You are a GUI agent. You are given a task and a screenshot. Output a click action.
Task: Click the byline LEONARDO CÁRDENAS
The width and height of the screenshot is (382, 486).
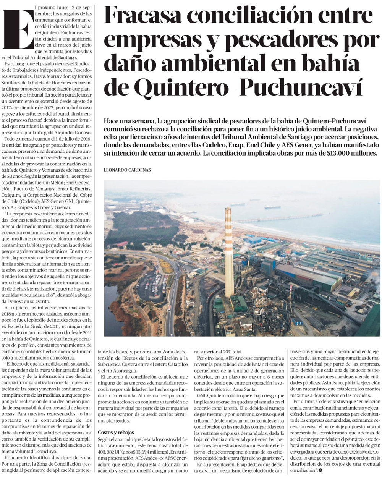[x=127, y=170]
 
